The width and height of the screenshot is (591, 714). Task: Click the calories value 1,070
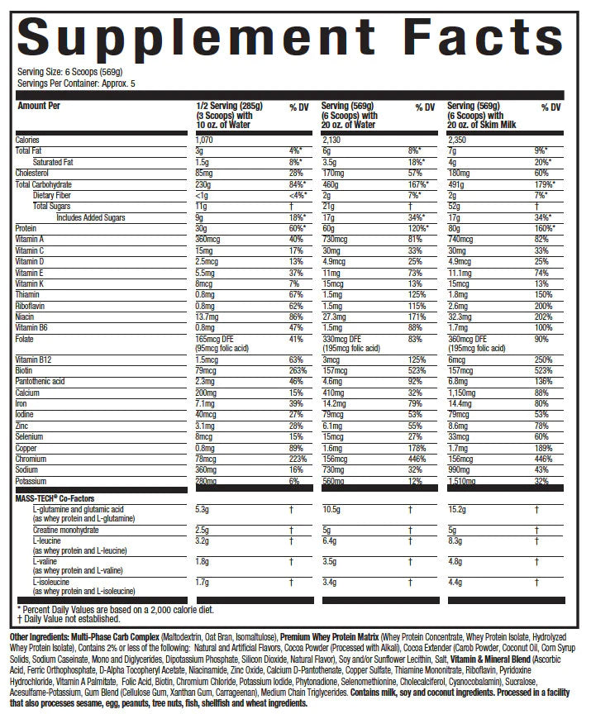(207, 140)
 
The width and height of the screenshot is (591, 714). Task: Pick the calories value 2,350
(457, 140)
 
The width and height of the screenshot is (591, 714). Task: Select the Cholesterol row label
(34, 173)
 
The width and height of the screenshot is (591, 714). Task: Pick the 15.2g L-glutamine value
(456, 510)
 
